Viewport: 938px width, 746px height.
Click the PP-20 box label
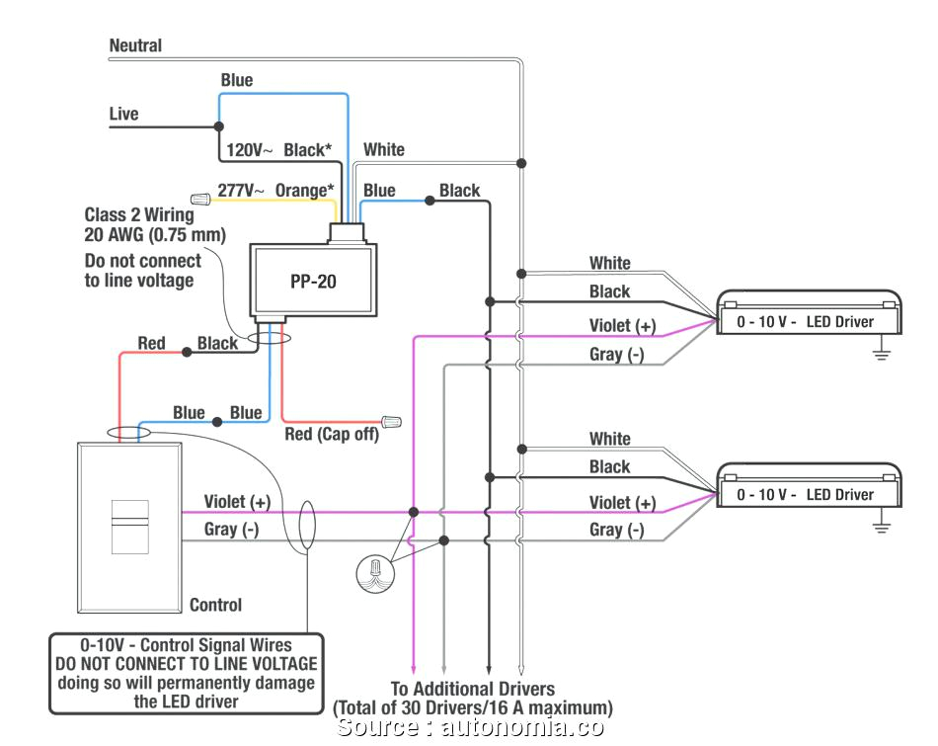pos(313,282)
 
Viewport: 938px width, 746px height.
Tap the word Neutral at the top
pos(135,45)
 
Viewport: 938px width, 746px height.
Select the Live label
pos(123,115)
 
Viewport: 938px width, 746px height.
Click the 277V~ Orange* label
pos(274,191)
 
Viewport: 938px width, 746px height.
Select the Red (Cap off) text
pos(331,435)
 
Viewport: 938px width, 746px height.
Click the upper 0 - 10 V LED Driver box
pos(809,315)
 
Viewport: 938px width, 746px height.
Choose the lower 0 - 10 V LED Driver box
pos(809,487)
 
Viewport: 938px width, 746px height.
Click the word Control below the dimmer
pos(215,605)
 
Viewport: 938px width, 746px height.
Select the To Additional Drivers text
pos(472,689)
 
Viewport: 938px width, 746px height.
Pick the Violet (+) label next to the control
pos(237,502)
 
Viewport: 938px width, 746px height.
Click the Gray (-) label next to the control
pos(231,530)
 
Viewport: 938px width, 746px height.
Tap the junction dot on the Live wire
pos(217,126)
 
